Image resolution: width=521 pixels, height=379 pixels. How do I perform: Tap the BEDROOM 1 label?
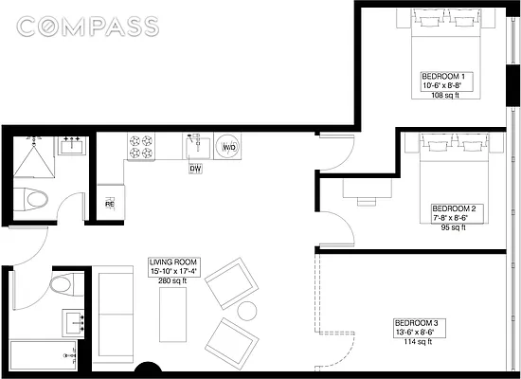click(441, 76)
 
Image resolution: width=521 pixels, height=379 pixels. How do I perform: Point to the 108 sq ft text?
click(443, 96)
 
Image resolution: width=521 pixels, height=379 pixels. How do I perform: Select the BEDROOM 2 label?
click(451, 208)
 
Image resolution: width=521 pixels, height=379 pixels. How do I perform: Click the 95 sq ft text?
click(451, 227)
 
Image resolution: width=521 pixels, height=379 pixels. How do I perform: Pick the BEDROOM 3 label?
click(416, 323)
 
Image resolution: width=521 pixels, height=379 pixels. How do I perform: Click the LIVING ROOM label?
click(172, 262)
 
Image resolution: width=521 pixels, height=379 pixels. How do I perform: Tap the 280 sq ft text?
click(172, 280)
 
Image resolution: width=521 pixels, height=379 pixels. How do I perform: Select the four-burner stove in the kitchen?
click(141, 146)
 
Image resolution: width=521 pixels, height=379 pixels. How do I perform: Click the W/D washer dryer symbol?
click(228, 148)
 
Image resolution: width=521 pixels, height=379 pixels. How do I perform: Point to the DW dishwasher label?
click(195, 169)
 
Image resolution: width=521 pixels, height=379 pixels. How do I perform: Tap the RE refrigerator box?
click(109, 203)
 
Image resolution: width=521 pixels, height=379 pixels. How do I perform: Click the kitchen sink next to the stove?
click(195, 146)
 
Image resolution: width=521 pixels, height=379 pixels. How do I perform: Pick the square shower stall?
click(35, 156)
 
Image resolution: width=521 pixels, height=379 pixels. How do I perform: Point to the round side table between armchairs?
click(247, 310)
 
